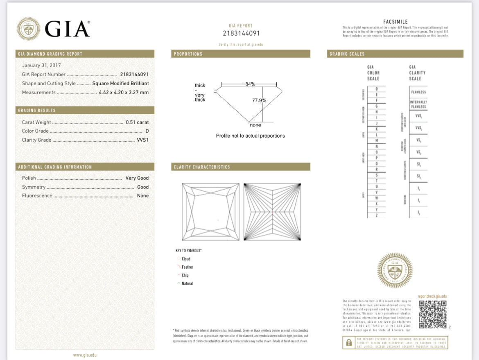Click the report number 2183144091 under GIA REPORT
(241, 33)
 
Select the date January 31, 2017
(41, 65)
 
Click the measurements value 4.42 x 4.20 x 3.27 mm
(124, 93)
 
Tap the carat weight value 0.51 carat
(137, 122)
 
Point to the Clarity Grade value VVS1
(142, 140)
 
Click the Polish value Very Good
(137, 178)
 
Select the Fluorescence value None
(143, 196)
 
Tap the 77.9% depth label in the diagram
(259, 100)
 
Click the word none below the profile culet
(255, 125)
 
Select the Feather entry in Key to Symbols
(187, 267)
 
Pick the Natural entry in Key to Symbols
(187, 283)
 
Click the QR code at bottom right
(432, 314)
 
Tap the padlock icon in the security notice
(349, 342)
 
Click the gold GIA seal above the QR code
(395, 270)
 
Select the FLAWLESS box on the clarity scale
(418, 92)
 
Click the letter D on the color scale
(377, 89)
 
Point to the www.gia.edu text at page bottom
(85, 355)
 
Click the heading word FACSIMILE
(395, 22)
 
